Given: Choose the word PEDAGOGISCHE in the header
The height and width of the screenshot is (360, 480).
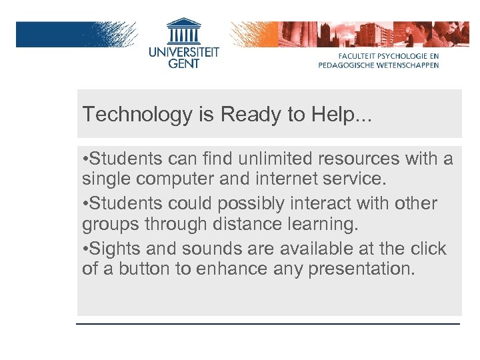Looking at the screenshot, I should pos(349,65).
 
